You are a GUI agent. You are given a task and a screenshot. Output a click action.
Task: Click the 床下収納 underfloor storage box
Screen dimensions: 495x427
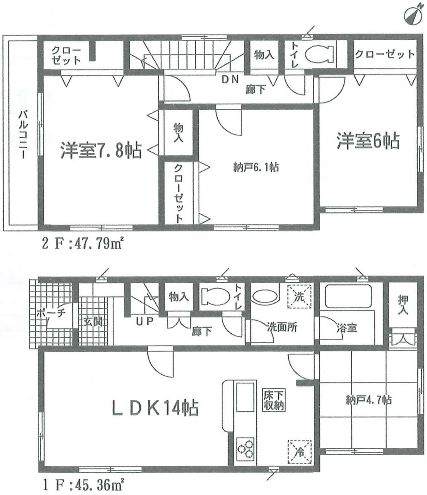point(272,401)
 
